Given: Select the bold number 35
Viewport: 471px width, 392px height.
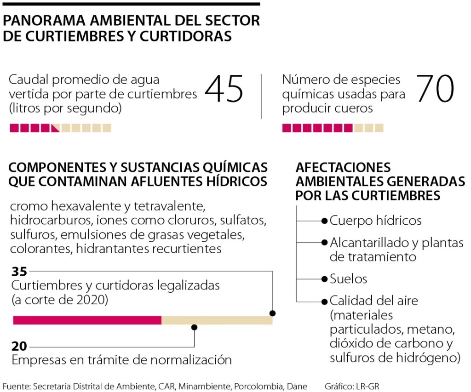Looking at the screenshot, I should click(x=20, y=271).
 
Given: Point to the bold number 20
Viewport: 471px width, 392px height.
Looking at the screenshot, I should click(x=20, y=346).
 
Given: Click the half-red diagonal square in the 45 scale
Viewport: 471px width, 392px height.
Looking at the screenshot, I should click(x=55, y=128).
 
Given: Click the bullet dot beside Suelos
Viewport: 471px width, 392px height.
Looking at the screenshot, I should click(x=324, y=279).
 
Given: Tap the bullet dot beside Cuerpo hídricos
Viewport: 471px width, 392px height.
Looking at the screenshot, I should click(x=324, y=221).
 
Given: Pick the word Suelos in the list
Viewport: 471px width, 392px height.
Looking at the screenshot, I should click(x=349, y=279).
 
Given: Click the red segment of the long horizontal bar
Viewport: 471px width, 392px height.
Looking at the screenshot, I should click(x=87, y=320).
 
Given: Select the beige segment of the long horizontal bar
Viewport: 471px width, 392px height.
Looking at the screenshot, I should click(x=216, y=320).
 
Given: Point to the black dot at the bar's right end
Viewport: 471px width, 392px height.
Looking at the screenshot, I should click(x=272, y=313).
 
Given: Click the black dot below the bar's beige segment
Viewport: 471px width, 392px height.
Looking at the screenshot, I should click(x=194, y=327).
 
